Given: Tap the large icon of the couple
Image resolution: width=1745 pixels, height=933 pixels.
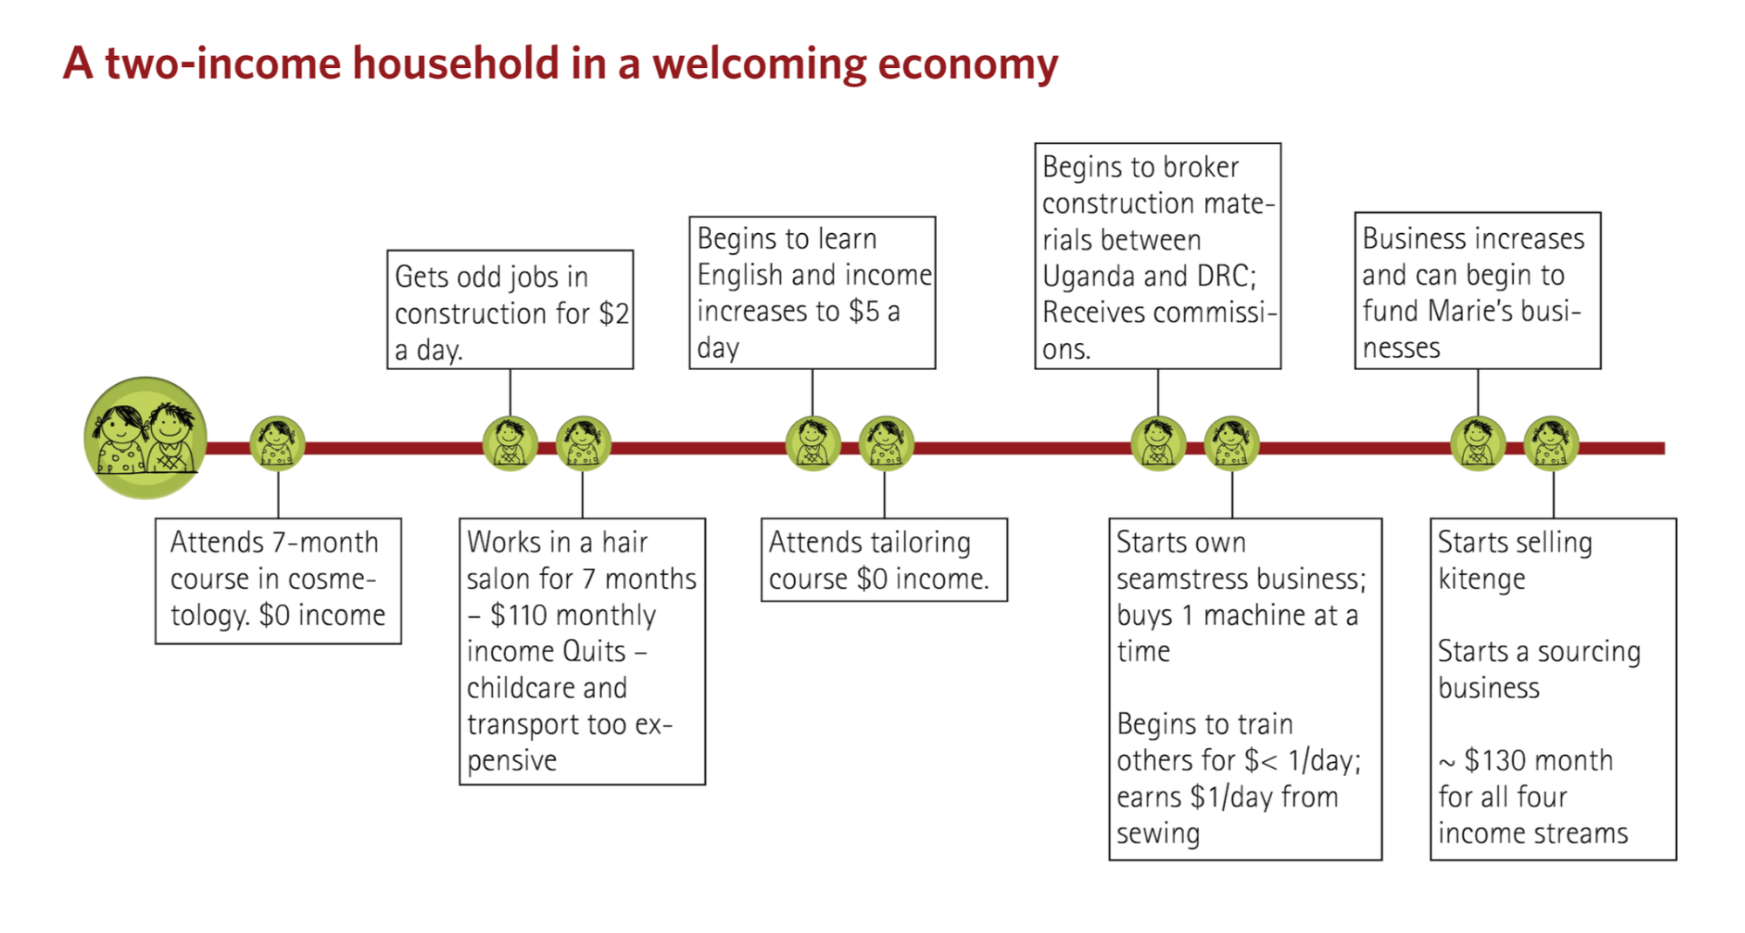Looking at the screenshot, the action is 146,437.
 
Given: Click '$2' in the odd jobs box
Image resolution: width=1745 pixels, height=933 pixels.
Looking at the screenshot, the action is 613,313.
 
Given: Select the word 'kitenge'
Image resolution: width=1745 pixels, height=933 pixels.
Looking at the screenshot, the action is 1482,580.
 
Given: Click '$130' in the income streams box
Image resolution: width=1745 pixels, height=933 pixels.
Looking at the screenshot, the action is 1495,760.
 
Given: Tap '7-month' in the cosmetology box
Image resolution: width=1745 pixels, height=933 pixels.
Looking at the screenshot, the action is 325,542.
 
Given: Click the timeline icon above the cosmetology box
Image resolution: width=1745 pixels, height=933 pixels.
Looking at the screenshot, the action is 277,443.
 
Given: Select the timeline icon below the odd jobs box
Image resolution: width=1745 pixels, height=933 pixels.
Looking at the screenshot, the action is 510,443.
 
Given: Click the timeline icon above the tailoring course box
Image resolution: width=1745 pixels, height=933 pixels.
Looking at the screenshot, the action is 886,443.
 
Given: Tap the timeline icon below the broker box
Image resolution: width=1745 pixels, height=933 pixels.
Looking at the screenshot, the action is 1158,443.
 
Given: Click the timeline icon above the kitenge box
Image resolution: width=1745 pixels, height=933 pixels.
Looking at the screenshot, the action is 1551,443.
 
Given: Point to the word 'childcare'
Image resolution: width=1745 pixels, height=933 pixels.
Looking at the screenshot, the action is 547,688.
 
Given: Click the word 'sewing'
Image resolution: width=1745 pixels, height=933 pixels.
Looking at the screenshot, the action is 1158,834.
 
